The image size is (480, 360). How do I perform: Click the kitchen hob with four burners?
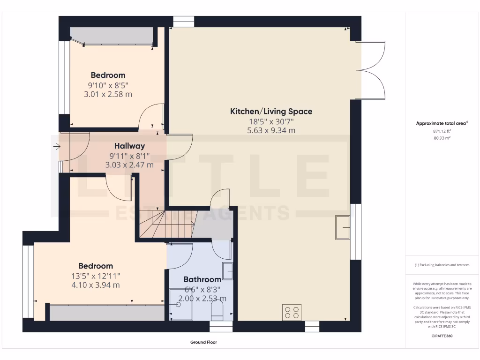pos(292,313)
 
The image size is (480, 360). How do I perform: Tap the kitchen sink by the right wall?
pos(343,227)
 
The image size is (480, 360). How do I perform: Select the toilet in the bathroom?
pos(217,310)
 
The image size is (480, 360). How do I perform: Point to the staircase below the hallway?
pos(164,224)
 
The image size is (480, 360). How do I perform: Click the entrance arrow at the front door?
pos(56,147)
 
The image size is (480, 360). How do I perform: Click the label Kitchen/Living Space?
pos(271,112)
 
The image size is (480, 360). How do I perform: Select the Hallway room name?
pos(127,146)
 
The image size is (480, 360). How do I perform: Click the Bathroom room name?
pos(202,279)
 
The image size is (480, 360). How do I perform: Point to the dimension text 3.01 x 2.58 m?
pos(108,94)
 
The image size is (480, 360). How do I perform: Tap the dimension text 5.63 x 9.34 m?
pos(271,131)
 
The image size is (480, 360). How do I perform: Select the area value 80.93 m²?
pos(441,138)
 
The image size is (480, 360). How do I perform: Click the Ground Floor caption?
pos(203,342)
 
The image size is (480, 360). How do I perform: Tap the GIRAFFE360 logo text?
pos(442,336)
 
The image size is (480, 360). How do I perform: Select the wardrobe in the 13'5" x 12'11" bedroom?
pos(107,313)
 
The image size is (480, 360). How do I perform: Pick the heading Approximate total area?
pos(441,124)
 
